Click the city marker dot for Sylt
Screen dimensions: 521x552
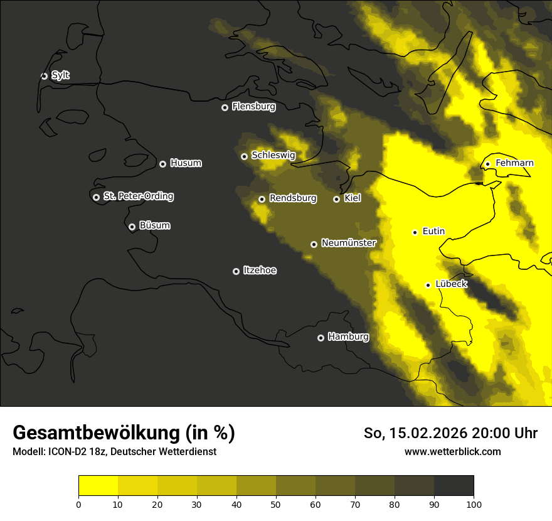[44, 76]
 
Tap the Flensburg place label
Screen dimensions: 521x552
[253, 107]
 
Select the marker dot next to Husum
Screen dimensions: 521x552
[162, 164]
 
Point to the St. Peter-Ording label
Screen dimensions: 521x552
[139, 196]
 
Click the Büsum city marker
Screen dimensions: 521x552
[132, 227]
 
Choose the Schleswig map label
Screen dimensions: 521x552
[273, 155]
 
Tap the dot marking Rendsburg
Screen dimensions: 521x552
[262, 199]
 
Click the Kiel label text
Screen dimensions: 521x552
[352, 198]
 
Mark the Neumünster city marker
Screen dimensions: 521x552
[314, 244]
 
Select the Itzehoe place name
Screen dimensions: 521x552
[260, 271]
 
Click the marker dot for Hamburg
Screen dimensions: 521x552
[321, 338]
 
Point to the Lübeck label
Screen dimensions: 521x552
[451, 284]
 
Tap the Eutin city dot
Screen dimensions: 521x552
[415, 232]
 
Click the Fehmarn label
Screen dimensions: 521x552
[514, 163]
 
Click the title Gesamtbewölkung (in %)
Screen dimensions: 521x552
[124, 433]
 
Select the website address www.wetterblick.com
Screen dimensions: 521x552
[452, 451]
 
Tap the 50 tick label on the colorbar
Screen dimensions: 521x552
[276, 503]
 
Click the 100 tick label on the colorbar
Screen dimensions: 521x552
[474, 503]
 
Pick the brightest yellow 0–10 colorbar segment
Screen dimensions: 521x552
[98, 486]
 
